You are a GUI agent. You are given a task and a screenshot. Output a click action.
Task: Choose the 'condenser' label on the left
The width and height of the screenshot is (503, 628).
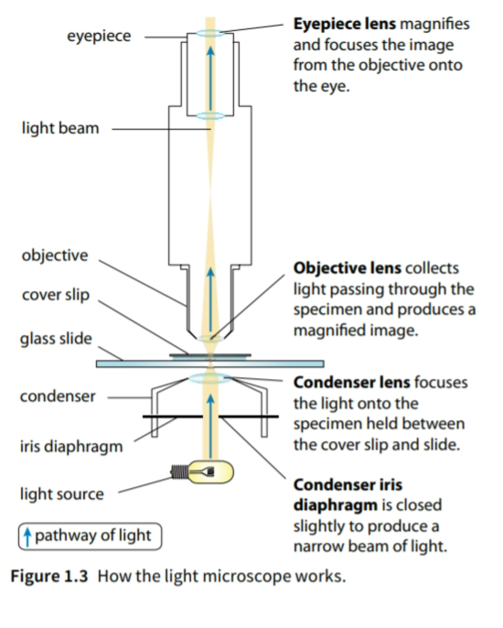click(x=56, y=397)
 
